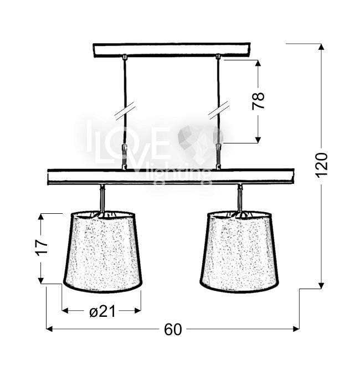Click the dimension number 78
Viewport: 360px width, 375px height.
[x=258, y=100]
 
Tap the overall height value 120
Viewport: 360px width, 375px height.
[x=321, y=165]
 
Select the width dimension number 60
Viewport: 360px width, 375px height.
[x=173, y=330]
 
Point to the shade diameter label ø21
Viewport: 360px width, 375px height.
[x=102, y=311]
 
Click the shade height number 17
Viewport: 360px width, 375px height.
[x=42, y=247]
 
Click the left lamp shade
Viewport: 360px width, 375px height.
[x=103, y=251]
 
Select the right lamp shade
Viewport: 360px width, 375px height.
[x=239, y=251]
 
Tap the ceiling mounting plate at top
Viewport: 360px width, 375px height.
[x=172, y=50]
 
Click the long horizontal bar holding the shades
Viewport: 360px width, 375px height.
[x=171, y=177]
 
